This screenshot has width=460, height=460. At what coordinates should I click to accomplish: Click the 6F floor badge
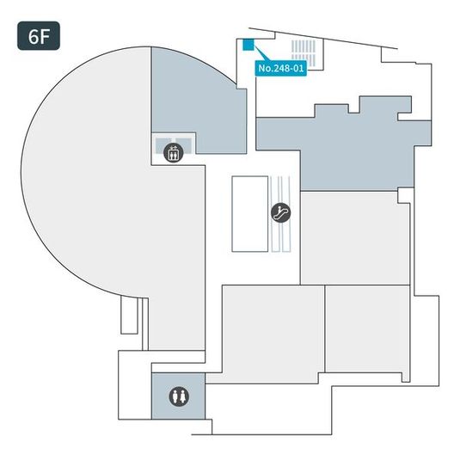point(39,36)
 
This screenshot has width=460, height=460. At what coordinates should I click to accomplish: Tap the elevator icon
point(174,152)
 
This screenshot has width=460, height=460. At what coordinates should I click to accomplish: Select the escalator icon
point(281,212)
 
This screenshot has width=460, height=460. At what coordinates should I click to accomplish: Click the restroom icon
point(179,396)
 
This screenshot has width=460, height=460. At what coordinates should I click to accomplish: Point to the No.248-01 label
point(280,68)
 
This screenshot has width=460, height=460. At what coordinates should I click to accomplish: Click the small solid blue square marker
point(248,45)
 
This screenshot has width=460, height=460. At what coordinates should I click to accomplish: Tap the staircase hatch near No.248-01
point(304,52)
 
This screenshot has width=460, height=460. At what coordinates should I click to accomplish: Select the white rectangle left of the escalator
point(249,214)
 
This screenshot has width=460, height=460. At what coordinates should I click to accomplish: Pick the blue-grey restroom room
point(178,396)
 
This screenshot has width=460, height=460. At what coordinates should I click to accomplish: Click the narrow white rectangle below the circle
point(129,316)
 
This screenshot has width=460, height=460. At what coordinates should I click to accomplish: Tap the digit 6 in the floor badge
point(33,36)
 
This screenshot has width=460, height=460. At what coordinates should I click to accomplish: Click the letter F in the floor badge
point(45,36)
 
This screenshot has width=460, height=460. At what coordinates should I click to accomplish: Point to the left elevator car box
point(163,145)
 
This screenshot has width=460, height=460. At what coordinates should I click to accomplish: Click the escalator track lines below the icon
point(281,237)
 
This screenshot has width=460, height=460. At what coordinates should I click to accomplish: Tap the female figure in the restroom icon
point(183,396)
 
